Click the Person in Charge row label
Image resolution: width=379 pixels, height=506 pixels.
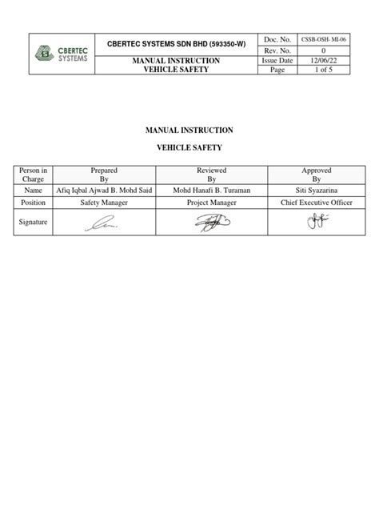(x=34, y=175)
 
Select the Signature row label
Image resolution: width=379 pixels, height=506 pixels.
(x=34, y=225)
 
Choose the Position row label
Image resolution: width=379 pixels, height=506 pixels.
(x=34, y=204)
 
